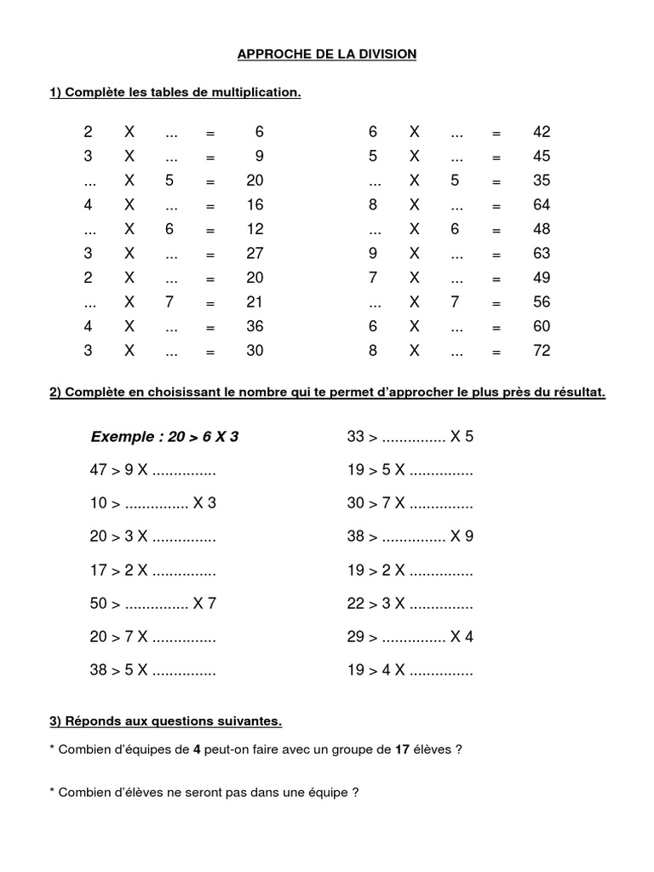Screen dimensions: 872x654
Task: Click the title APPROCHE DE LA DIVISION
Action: pos(326,54)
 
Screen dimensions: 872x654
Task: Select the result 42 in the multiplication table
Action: pos(542,132)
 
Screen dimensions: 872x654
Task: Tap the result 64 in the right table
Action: pos(542,205)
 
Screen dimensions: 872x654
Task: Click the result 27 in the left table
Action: pos(255,254)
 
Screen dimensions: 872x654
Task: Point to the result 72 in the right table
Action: pos(542,351)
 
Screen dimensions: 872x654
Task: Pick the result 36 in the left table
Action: pos(255,326)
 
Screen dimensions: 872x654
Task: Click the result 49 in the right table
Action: pos(542,278)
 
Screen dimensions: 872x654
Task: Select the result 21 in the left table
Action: pos(255,302)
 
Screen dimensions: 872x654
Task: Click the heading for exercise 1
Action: pos(175,92)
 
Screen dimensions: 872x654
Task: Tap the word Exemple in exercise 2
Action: pos(123,437)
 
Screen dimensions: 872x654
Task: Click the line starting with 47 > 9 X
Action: pos(152,470)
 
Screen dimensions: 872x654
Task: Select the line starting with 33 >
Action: pos(410,437)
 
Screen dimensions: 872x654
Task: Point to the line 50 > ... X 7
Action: pos(152,604)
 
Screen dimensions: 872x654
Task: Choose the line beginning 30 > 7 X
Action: pos(410,503)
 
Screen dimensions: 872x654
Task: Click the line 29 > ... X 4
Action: pos(410,637)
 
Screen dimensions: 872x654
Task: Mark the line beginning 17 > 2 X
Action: pos(152,571)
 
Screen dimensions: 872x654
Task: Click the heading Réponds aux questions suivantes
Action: pos(165,721)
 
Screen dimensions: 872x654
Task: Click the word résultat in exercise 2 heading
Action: pos(577,393)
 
